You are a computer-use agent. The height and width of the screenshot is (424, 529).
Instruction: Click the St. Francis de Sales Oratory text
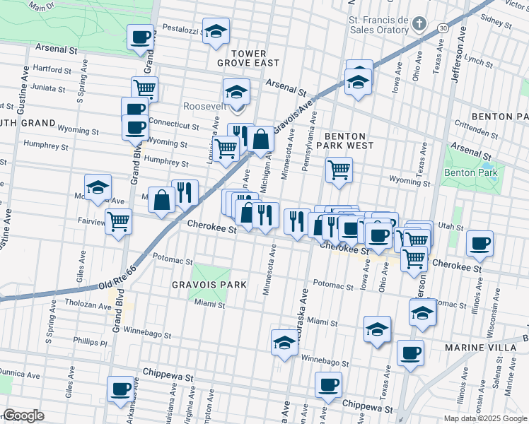(378, 25)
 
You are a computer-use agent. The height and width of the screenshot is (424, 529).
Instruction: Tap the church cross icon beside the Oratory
(419, 25)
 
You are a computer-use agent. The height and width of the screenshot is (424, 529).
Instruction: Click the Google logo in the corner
(23, 415)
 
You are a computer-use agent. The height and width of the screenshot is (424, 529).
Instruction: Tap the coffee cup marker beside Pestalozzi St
(140, 36)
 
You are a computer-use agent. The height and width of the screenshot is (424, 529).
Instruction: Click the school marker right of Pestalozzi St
(216, 30)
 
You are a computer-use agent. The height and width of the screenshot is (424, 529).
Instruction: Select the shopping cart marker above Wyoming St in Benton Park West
(339, 169)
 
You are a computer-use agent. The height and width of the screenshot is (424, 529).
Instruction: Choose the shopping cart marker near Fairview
(118, 220)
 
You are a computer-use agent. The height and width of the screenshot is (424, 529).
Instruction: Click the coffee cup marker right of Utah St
(479, 243)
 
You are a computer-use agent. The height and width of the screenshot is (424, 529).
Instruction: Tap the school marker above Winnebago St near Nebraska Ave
(284, 343)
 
